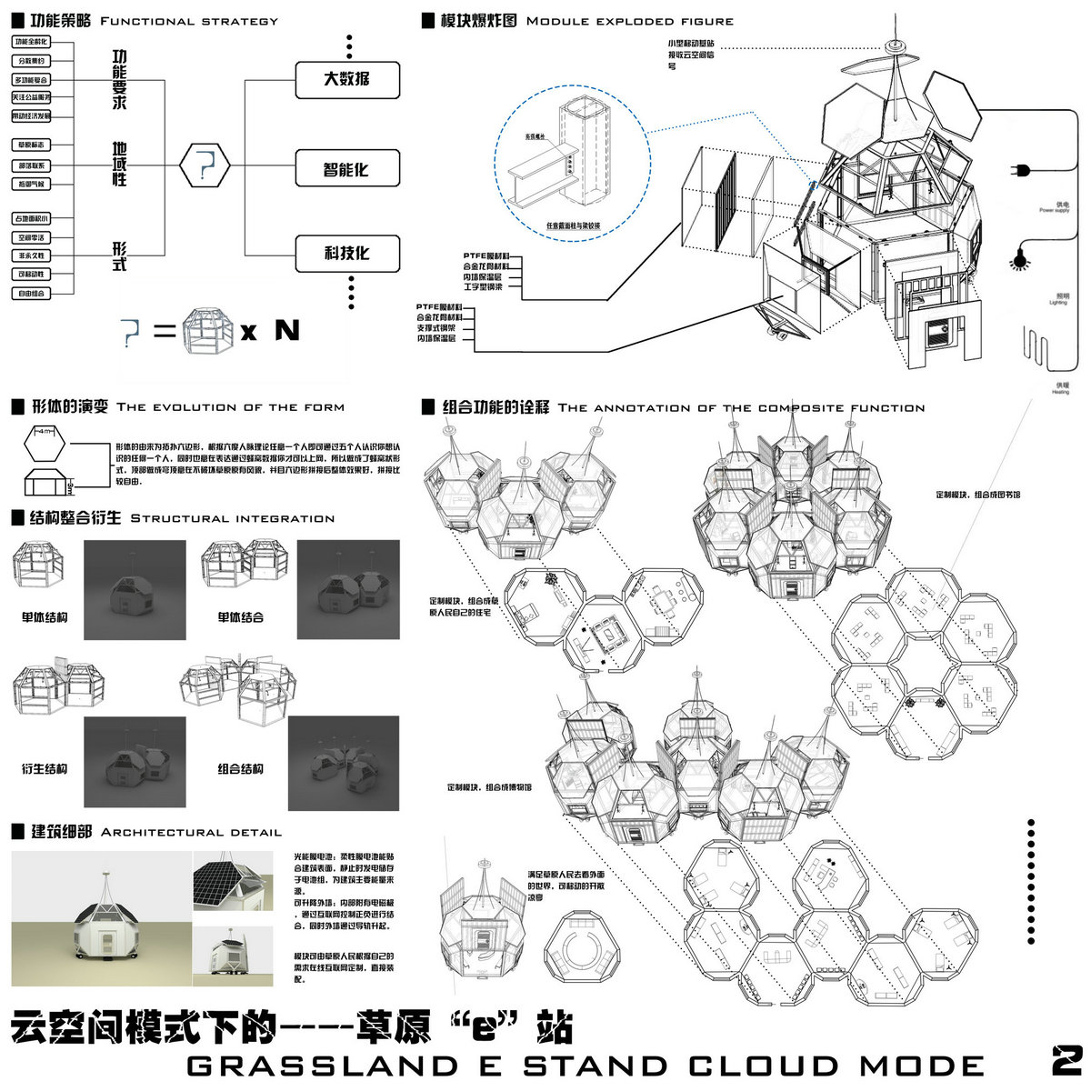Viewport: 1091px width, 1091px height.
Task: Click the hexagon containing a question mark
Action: (x=205, y=165)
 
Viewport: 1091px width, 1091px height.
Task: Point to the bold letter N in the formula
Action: (x=286, y=330)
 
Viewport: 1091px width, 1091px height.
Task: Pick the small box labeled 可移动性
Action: (x=31, y=275)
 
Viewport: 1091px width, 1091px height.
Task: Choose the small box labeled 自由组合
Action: (x=31, y=294)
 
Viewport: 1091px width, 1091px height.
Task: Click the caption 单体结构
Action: (x=45, y=618)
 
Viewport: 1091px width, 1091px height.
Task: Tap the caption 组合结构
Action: (x=240, y=769)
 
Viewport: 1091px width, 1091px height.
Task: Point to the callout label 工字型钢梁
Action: (x=482, y=287)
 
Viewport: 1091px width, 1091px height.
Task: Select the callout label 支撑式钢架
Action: (x=436, y=327)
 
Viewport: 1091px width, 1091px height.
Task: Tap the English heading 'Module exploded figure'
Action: (x=630, y=21)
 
